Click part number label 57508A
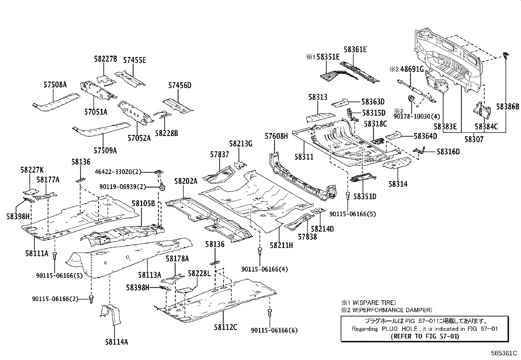tap(55, 85)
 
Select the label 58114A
tap(117, 342)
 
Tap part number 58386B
tap(508, 106)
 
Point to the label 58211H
tap(281, 245)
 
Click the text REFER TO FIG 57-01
tap(425, 336)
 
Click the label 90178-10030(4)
tap(417, 116)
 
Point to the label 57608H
tap(276, 136)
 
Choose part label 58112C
tap(226, 327)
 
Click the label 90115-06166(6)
tap(275, 330)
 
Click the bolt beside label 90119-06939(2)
tap(162, 187)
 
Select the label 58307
tap(474, 139)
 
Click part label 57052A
tap(139, 138)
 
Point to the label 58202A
tap(186, 181)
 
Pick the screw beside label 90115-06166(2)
tap(91, 298)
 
